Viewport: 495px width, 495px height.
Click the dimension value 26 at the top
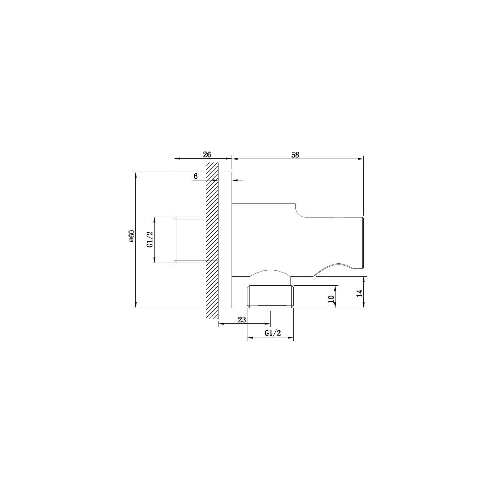coord(207,154)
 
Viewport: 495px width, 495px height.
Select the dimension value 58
coord(295,155)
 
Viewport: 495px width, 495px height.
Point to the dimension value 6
coord(196,176)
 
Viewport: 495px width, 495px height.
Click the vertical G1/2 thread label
coord(150,240)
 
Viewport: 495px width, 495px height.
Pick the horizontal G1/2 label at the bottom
coord(273,333)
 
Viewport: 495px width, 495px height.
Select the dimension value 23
coord(242,320)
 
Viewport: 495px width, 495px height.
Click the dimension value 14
coord(359,293)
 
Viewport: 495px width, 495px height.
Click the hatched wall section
coord(212,240)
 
